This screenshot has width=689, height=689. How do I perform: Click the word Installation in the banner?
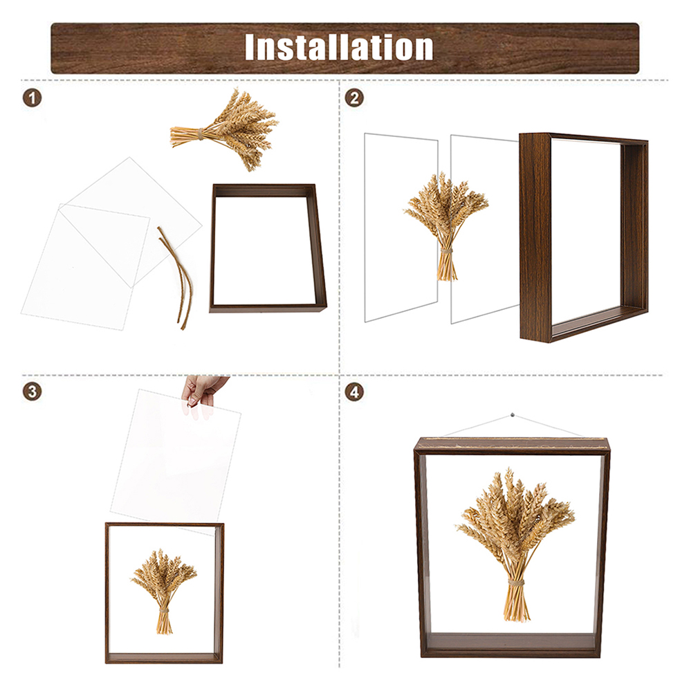pos(339,47)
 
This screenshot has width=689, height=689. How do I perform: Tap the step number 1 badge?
pos(32,98)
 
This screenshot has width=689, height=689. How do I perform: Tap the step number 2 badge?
pos(354,98)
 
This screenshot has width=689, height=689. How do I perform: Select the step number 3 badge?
pos(32,391)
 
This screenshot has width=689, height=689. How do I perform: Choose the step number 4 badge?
pos(354,391)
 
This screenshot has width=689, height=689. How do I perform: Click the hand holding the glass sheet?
pos(201,391)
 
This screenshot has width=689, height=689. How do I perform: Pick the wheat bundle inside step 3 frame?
pos(163,588)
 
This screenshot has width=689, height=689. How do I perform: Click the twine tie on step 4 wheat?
pos(516,582)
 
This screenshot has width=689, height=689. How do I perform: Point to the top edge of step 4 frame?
pos(512,443)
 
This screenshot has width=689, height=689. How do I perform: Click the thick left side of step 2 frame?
pos(535,235)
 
